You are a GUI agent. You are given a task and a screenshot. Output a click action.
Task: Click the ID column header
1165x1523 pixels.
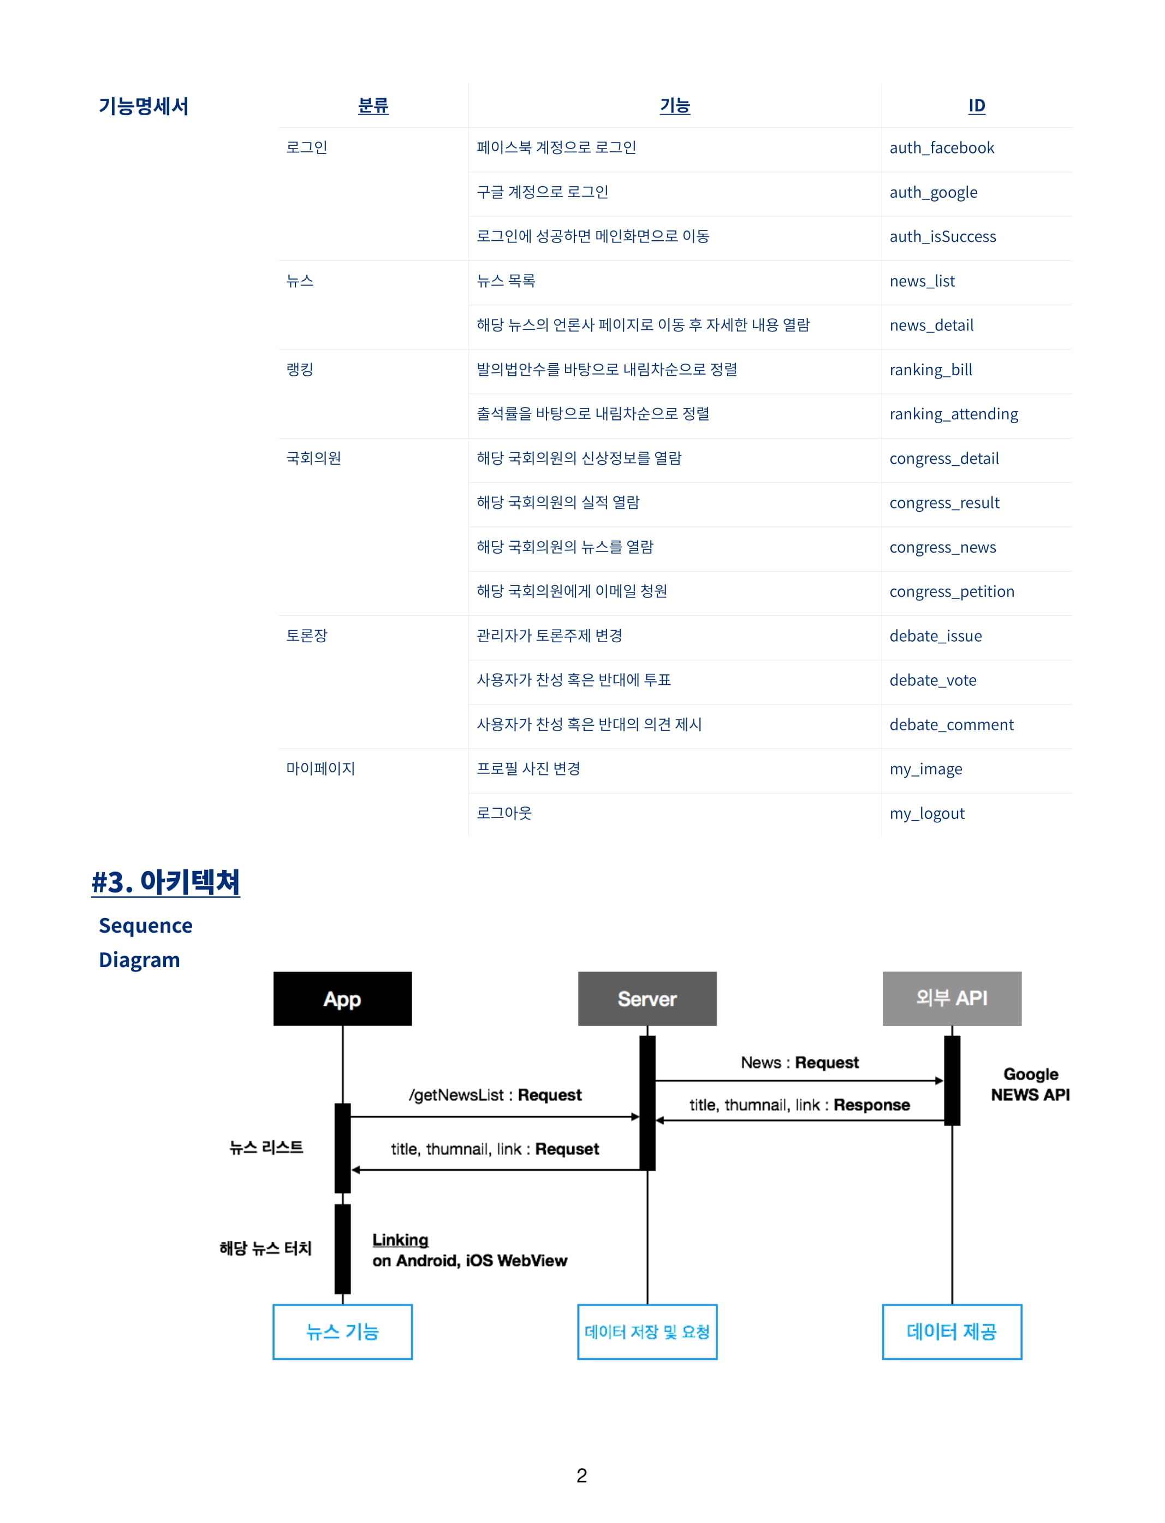click(976, 105)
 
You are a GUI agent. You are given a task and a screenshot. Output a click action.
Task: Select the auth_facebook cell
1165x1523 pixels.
click(942, 148)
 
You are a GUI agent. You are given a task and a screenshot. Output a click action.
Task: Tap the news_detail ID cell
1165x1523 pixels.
click(931, 325)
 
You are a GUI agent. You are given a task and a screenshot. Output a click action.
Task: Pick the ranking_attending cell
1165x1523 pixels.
click(954, 414)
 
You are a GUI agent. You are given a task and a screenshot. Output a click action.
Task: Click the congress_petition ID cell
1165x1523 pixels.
click(952, 591)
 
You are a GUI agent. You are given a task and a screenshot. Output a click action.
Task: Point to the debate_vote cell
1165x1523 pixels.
click(932, 680)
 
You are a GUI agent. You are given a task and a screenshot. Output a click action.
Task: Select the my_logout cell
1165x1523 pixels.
click(927, 814)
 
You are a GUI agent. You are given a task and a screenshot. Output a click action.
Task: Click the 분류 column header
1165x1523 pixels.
click(373, 105)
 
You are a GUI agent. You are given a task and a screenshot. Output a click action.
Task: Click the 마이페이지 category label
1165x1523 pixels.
click(320, 768)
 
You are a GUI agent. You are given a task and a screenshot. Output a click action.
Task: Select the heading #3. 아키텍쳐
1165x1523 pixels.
click(166, 882)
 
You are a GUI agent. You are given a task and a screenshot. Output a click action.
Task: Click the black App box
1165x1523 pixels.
click(342, 999)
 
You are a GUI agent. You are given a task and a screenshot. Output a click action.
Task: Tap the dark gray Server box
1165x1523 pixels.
click(647, 999)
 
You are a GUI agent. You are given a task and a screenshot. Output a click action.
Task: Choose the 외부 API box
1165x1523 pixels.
click(952, 999)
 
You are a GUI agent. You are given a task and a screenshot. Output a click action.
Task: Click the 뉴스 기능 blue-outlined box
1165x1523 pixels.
click(342, 1331)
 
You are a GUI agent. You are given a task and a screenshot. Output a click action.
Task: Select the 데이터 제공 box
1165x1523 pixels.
click(952, 1331)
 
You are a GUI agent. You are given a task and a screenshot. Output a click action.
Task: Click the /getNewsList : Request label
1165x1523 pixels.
click(495, 1095)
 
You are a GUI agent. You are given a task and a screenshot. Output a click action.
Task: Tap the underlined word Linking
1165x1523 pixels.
click(400, 1240)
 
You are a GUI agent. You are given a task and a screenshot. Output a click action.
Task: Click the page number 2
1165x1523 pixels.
click(582, 1476)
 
